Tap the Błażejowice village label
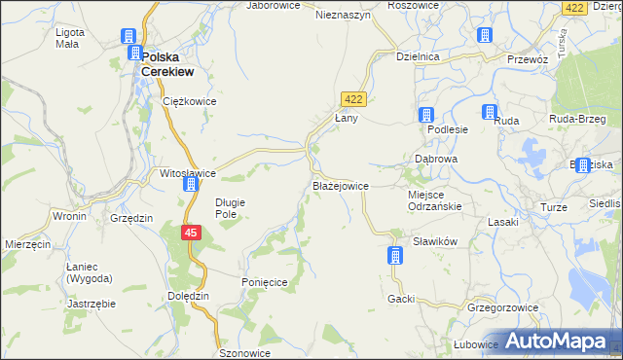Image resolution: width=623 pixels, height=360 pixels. (339, 185)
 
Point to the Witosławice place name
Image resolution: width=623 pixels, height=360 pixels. (188, 173)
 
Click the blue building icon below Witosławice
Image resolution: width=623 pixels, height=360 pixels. (192, 185)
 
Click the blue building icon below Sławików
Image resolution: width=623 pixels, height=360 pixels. (394, 256)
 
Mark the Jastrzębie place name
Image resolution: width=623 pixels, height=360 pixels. (92, 303)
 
